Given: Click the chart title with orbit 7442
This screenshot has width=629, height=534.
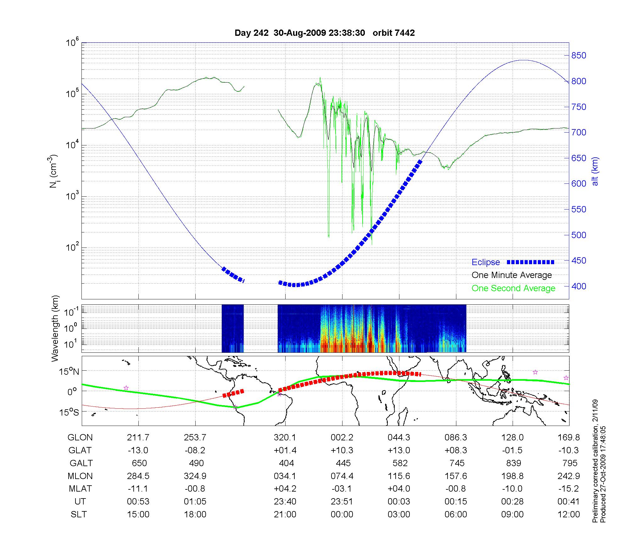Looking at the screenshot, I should [x=325, y=33].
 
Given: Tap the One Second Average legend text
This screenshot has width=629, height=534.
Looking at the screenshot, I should [x=513, y=288].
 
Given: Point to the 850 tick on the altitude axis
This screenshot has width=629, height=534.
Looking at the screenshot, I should [x=579, y=56].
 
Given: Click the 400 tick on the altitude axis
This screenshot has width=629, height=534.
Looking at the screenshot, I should [x=579, y=286].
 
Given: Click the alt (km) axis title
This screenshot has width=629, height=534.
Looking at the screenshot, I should [x=595, y=171].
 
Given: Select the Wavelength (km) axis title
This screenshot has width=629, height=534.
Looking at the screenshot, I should [x=55, y=328].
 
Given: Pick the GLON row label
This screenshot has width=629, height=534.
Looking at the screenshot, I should [x=80, y=438].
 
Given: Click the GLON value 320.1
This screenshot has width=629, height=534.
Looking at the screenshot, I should [x=285, y=438].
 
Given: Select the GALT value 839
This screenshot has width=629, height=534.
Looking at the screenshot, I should [x=513, y=463].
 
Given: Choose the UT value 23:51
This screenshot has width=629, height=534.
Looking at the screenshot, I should [x=342, y=502].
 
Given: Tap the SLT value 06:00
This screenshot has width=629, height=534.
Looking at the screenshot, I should [x=456, y=515].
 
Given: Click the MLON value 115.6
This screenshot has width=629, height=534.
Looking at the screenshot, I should [x=399, y=476].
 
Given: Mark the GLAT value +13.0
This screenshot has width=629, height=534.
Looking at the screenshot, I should [x=399, y=450].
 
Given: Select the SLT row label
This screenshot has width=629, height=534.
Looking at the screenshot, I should [x=79, y=515].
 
